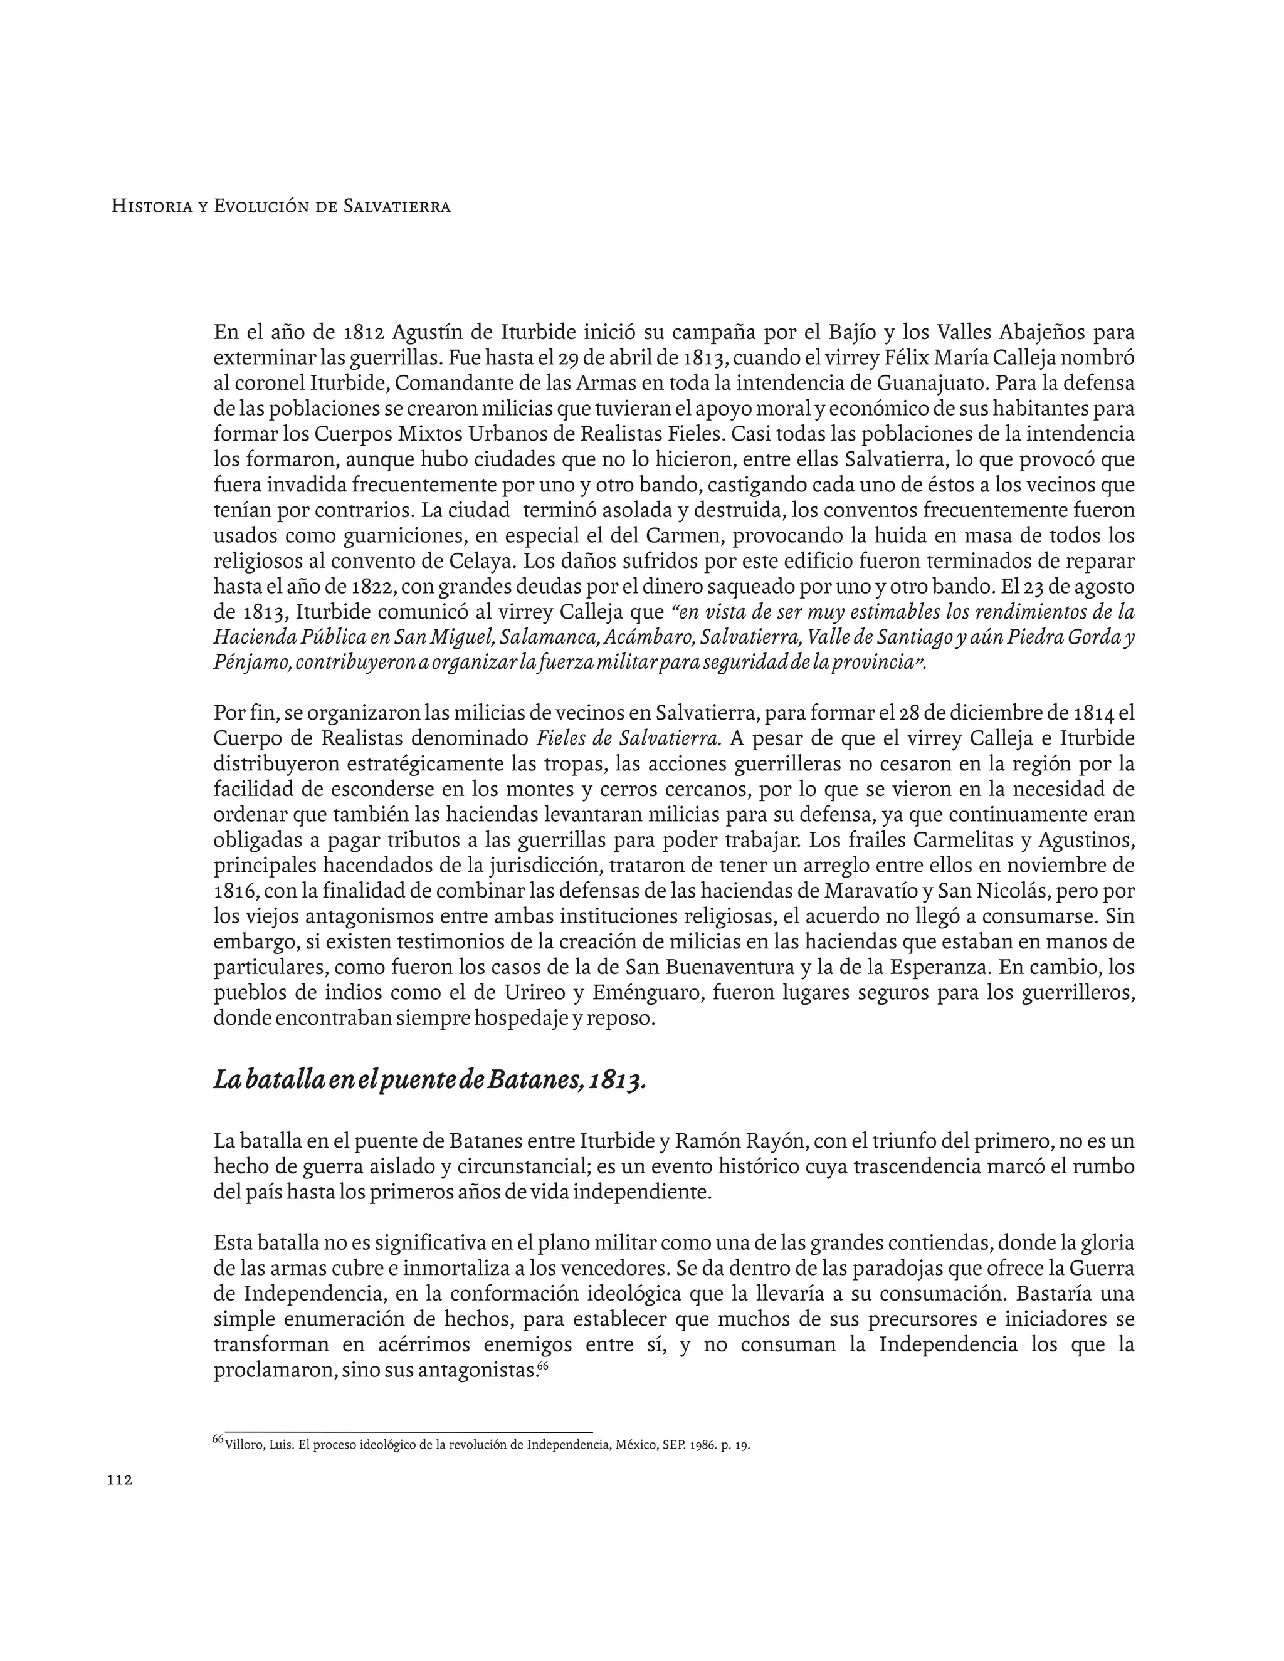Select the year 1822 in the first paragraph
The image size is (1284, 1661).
374,587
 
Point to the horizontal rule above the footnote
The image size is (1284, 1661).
403,1432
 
